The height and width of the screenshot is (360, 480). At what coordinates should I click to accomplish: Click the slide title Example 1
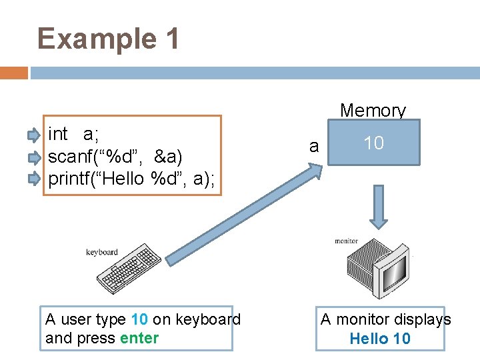click(x=109, y=39)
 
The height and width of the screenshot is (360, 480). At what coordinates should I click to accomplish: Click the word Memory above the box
click(x=373, y=111)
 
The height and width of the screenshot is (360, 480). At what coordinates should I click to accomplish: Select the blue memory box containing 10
click(x=374, y=143)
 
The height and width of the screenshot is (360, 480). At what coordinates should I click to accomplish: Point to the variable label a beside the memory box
click(x=314, y=146)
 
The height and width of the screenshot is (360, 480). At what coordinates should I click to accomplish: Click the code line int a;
click(x=73, y=134)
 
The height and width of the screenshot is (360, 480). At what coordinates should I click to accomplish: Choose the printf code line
click(x=131, y=179)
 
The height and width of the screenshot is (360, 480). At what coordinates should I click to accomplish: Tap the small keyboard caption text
click(x=102, y=252)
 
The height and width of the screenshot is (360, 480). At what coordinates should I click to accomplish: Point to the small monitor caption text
click(x=346, y=241)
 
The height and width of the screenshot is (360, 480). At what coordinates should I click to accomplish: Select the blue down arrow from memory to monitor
click(x=379, y=207)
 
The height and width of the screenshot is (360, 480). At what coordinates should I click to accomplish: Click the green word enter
click(x=139, y=338)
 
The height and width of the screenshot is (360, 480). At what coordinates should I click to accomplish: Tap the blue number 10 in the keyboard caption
click(x=140, y=319)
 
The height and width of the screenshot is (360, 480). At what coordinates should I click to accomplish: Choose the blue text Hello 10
click(x=380, y=339)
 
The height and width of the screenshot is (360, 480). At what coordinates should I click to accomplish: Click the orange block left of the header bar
click(x=14, y=73)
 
